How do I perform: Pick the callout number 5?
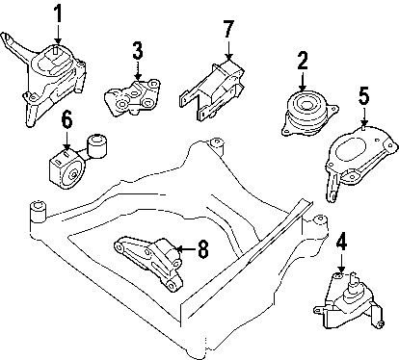point(363,95)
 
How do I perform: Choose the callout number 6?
point(66,120)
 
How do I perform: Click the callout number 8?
point(202,251)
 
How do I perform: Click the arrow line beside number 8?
point(185,252)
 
